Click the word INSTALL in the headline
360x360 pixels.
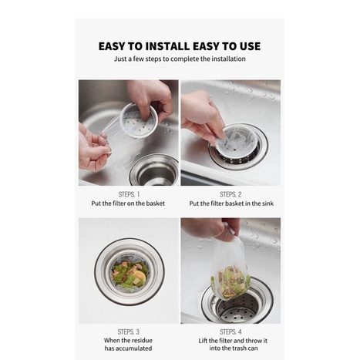coord(167,46)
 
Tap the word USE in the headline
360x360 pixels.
coord(247,46)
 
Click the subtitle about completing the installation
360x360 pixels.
coord(180,59)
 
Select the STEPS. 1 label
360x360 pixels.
coord(129,194)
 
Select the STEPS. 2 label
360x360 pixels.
coord(230,194)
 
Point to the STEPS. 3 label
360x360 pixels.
coord(129,331)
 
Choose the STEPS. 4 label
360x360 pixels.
coord(230,331)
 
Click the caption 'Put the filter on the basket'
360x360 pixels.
coord(128,204)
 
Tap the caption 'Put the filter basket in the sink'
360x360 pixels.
coord(231,204)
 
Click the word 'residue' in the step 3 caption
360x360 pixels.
coord(143,341)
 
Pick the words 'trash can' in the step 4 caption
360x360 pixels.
coord(245,348)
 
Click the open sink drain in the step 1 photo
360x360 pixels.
coord(155,170)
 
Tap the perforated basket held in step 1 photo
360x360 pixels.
coord(139,121)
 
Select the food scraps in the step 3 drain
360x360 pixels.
coord(130,274)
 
